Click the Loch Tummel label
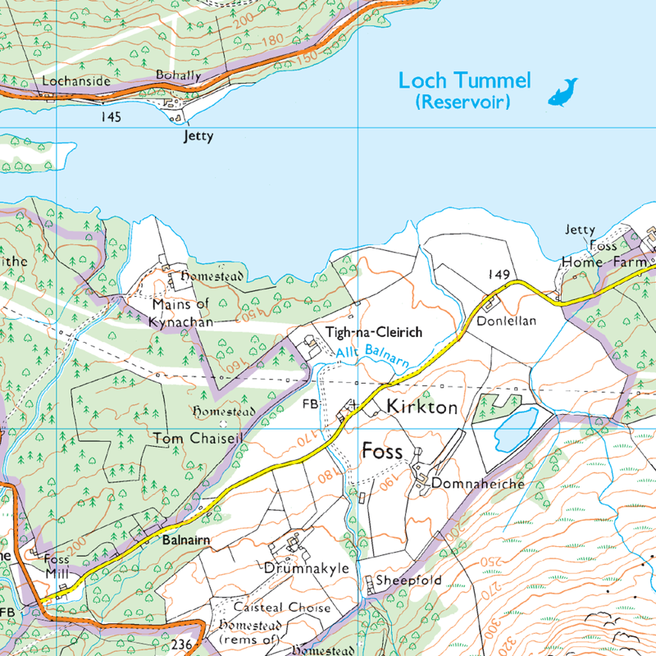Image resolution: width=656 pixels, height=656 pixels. click(464, 81)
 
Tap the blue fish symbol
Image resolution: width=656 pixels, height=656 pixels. click(563, 91)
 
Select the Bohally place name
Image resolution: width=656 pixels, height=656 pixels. click(178, 75)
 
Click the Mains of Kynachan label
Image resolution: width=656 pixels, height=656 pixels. click(182, 313)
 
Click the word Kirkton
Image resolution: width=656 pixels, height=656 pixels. click(421, 408)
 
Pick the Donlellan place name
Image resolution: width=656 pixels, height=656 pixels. click(506, 321)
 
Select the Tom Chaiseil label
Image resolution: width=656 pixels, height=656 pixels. click(198, 440)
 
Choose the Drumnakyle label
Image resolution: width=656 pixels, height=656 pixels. click(307, 567)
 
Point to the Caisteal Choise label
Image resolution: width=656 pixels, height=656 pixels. click(282, 608)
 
